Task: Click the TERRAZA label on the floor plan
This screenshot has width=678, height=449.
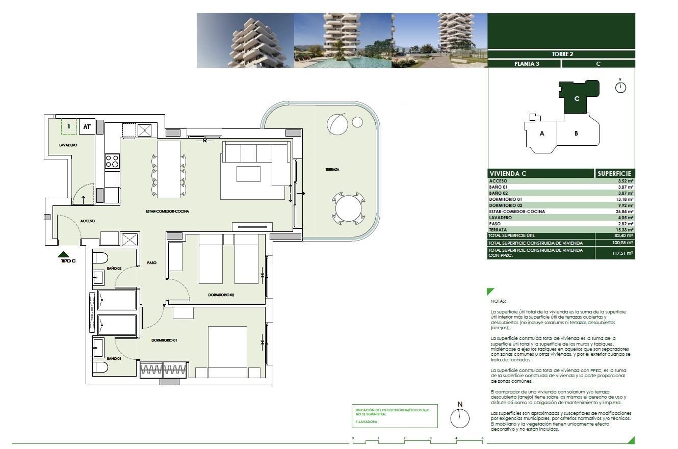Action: coord(332,170)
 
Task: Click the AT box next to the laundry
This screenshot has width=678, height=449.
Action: coord(87,127)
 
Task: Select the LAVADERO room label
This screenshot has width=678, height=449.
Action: coord(68,145)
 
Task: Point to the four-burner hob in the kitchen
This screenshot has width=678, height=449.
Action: coord(112,162)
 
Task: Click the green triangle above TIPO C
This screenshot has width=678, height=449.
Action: coord(64,254)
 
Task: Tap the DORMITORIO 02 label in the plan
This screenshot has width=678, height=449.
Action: coord(221,295)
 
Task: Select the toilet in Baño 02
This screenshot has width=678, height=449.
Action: coord(100,257)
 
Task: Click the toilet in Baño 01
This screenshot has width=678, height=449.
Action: coord(100,367)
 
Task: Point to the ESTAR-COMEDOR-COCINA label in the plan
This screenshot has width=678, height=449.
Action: coord(157,211)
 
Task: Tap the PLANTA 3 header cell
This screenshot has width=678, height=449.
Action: coord(524,64)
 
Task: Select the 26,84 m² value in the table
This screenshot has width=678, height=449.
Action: coord(622,212)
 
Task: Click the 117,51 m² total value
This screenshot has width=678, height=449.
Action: coord(622,253)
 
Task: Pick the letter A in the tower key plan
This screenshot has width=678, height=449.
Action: coord(542,134)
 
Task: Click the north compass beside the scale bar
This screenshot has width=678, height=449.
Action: coord(459,418)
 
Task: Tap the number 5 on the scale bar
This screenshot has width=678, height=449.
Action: coord(482,438)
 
